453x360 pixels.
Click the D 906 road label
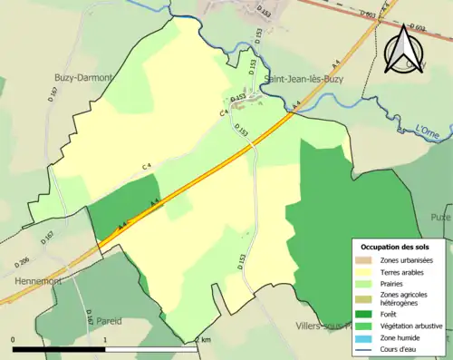21,264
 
